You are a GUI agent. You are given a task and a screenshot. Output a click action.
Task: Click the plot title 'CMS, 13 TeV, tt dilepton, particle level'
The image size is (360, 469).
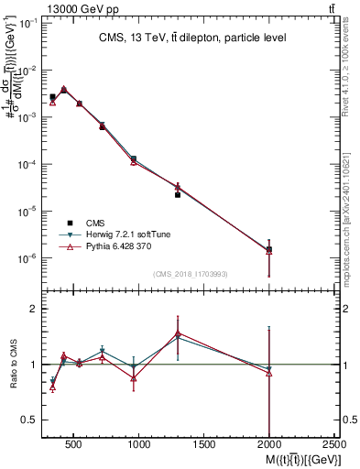pyautogui.click(x=192, y=38)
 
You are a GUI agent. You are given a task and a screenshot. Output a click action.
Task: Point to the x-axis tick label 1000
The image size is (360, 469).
pyautogui.click(x=139, y=446)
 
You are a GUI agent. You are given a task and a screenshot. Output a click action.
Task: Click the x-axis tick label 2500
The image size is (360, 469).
pyautogui.click(x=334, y=446)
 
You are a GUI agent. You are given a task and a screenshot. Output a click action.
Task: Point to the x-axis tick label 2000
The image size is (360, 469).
pyautogui.click(x=269, y=446)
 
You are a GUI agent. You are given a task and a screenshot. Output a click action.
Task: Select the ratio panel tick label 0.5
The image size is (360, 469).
pyautogui.click(x=29, y=420)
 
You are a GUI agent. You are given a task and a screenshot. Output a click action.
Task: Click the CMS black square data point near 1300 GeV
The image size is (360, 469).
pyautogui.click(x=178, y=195)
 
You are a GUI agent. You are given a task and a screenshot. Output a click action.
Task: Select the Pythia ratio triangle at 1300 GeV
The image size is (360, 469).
pyautogui.click(x=178, y=333)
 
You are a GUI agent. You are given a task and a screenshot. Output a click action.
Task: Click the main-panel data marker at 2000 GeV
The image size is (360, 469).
pyautogui.click(x=268, y=249)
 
